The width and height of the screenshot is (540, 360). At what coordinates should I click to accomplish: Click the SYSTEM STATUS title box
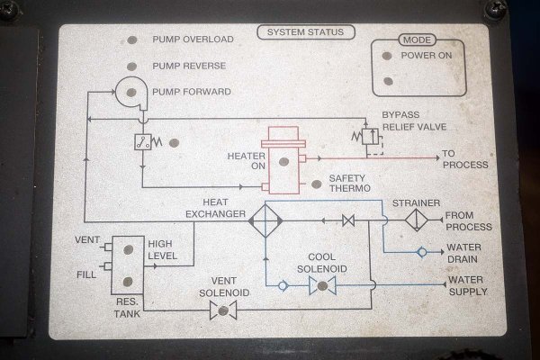305,33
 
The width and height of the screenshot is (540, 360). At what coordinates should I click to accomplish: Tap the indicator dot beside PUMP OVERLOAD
131,40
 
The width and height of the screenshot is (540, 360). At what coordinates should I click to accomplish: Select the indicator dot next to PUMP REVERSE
131,66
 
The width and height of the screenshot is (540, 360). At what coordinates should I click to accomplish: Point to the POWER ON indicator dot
386,55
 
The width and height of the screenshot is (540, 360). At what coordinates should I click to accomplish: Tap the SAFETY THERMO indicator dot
315,184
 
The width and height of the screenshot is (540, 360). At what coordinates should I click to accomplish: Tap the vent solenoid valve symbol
221,310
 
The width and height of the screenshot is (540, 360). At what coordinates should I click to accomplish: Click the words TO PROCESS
465,159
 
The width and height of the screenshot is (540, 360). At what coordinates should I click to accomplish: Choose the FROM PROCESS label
468,220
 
